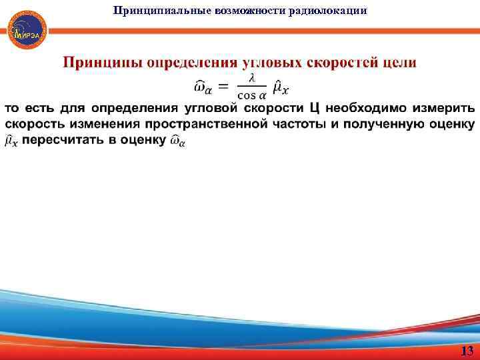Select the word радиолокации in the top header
(334, 10)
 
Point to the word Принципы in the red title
(101, 63)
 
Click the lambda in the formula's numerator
(251, 78)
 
